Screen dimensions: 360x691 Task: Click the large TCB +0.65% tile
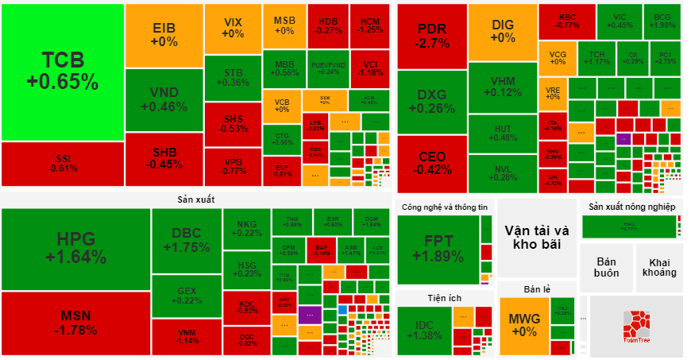(x=62, y=72)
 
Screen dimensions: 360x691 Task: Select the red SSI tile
(x=62, y=163)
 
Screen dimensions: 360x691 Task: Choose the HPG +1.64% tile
(x=75, y=248)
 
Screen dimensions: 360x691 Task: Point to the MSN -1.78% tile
(x=75, y=323)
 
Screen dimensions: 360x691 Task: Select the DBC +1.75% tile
(x=186, y=240)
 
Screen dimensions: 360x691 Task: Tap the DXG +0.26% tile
(x=431, y=103)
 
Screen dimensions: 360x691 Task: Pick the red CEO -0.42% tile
(x=431, y=163)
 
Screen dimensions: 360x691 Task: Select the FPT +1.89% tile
(x=438, y=249)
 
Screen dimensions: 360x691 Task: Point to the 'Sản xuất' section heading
(x=196, y=199)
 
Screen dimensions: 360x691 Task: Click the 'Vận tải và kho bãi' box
(x=537, y=236)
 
